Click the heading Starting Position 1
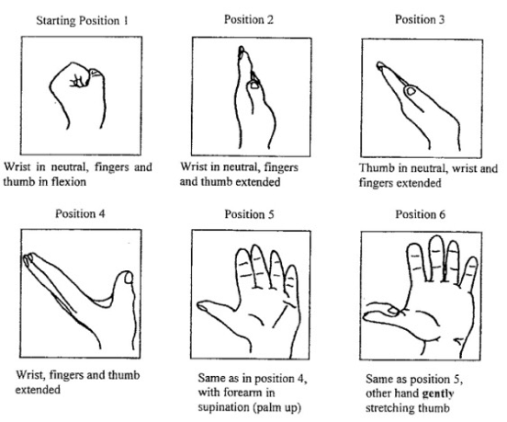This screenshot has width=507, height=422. click(82, 21)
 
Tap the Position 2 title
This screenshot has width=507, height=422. click(249, 19)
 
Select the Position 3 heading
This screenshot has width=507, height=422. click(420, 19)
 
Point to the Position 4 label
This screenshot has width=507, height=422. click(80, 213)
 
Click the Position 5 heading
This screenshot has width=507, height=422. click(249, 214)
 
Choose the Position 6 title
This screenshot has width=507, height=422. click(421, 214)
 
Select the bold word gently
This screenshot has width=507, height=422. click(438, 393)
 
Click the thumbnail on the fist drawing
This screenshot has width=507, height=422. click(95, 73)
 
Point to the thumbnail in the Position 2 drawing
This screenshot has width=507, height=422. click(253, 86)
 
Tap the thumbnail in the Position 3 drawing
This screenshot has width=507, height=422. click(411, 91)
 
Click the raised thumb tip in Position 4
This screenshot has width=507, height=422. click(128, 278)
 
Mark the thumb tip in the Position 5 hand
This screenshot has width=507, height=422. click(202, 306)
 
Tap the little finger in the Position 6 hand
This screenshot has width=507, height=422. click(468, 272)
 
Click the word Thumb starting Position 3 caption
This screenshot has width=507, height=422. click(375, 168)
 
